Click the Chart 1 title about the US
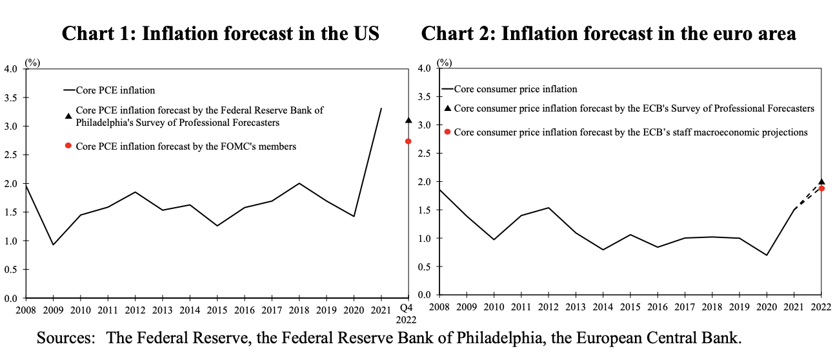coord(220,33)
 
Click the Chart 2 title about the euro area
coord(609,33)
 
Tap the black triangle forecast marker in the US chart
coord(408,121)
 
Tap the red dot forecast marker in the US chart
coord(408,141)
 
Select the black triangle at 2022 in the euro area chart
coord(821,182)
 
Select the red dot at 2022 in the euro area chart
coord(821,188)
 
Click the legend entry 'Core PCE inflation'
coord(115,90)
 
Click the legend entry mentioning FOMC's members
coord(186,146)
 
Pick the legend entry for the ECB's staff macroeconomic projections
coord(630,132)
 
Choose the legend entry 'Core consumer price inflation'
coord(515,89)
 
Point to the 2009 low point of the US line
coord(53,245)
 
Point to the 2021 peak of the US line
coord(381,108)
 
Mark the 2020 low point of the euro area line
coord(766,255)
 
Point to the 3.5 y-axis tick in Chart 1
coord(12,97)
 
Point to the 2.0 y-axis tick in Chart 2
coord(425,182)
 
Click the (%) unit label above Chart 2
coord(444,63)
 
